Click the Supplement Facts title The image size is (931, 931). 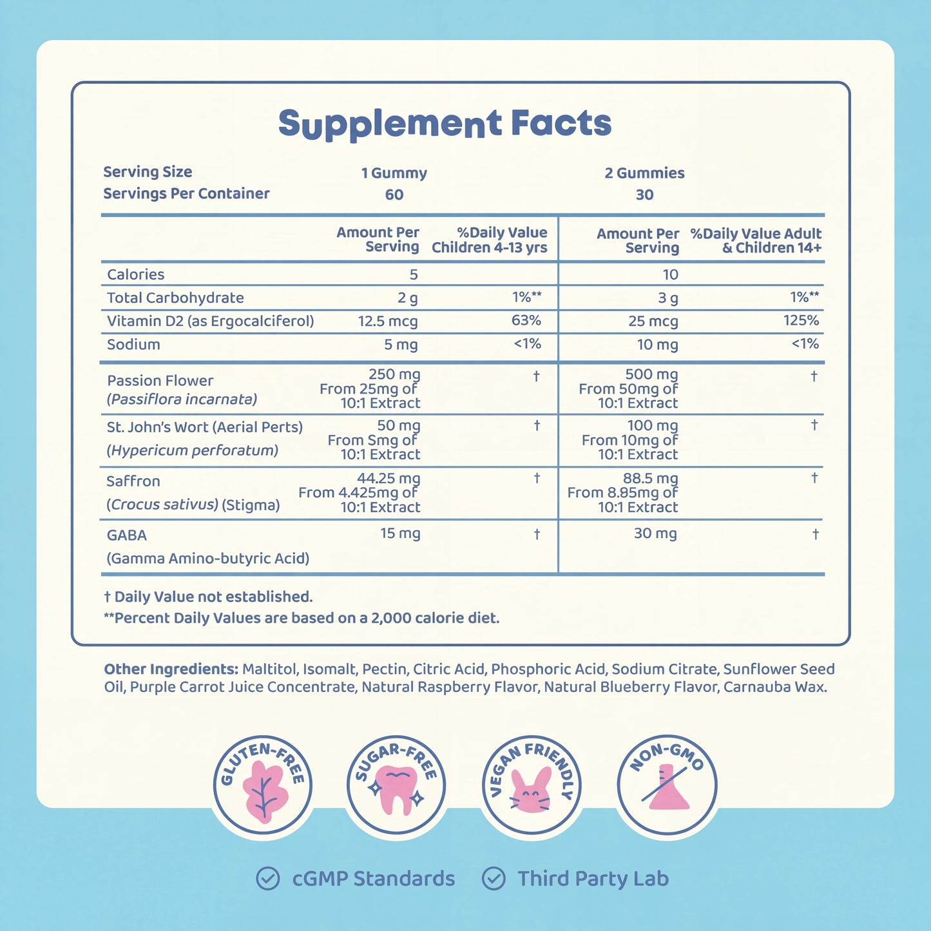445,124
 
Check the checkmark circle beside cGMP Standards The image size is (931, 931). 267,878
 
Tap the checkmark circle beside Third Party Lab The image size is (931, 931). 494,878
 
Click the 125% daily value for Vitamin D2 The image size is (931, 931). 801,320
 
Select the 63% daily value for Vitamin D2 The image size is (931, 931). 526,320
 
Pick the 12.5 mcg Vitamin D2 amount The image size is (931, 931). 387,322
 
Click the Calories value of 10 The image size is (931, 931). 670,274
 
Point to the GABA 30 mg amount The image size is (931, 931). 655,534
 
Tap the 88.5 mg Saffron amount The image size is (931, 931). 650,478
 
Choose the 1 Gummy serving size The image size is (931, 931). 394,173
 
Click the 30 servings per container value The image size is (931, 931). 644,195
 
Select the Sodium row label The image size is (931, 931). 133,345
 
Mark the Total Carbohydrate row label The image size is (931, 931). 175,298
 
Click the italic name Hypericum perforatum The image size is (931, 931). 192,451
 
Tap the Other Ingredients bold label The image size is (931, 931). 171,669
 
